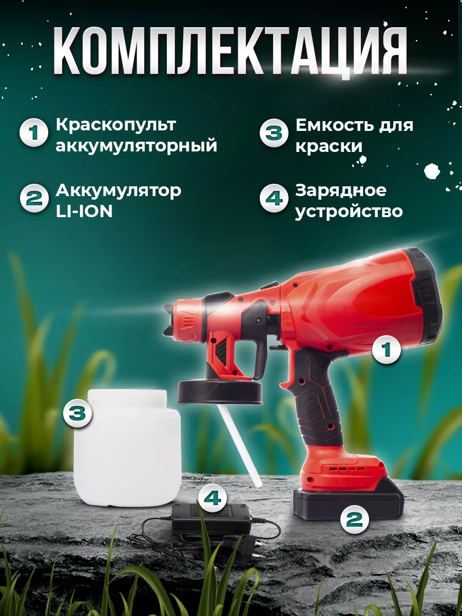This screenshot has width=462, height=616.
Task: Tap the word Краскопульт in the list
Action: pyautogui.click(x=116, y=125)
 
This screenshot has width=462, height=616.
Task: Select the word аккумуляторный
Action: pyautogui.click(x=137, y=146)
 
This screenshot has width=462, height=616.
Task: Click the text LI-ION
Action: pyautogui.click(x=84, y=211)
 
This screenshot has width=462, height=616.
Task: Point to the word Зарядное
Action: pyautogui.click(x=341, y=190)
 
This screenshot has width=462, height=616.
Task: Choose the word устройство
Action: pyautogui.click(x=349, y=211)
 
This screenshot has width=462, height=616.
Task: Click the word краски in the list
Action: pyautogui.click(x=329, y=146)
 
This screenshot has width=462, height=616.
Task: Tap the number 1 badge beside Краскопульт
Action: pyautogui.click(x=34, y=132)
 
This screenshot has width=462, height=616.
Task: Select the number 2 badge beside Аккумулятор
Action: pyautogui.click(x=34, y=198)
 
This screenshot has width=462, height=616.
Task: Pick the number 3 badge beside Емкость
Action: pyautogui.click(x=274, y=133)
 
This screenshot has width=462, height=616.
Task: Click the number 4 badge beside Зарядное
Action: pyautogui.click(x=274, y=198)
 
